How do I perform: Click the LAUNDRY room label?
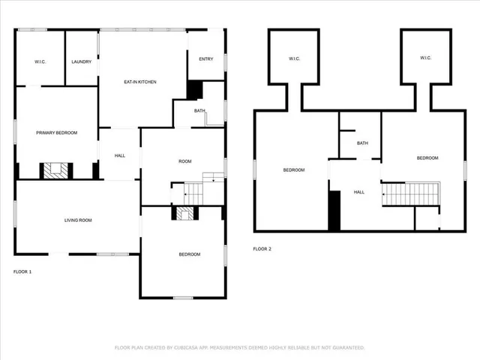pyautogui.click(x=81, y=61)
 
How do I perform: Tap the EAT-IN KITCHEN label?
pyautogui.click(x=139, y=82)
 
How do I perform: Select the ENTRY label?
pyautogui.click(x=205, y=59)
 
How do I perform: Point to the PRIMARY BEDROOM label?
pyautogui.click(x=56, y=133)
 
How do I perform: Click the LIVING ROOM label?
pyautogui.click(x=77, y=220)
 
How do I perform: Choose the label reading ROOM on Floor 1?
pyautogui.click(x=184, y=162)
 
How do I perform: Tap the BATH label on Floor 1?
pyautogui.click(x=199, y=111)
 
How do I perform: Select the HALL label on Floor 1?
pyautogui.click(x=119, y=155)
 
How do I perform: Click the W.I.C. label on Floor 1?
pyautogui.click(x=40, y=61)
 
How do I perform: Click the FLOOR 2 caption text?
pyautogui.click(x=262, y=248)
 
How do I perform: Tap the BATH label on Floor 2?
pyautogui.click(x=362, y=143)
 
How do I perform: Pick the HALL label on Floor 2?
pyautogui.click(x=359, y=192)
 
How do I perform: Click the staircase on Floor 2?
pyautogui.click(x=404, y=194)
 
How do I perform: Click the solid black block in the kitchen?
pyautogui.click(x=194, y=89)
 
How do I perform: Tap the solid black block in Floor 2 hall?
pyautogui.click(x=334, y=210)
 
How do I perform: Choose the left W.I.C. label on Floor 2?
pyautogui.click(x=294, y=58)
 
